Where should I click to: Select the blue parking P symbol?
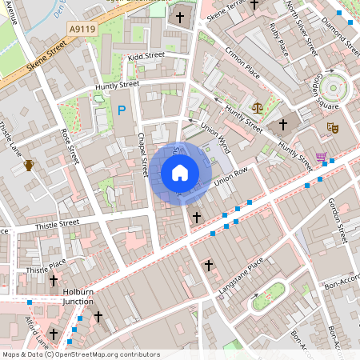pos(122,110)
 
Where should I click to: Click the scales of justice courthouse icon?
pos(258,106)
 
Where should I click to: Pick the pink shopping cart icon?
pos(322,157)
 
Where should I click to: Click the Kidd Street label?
pos(146,56)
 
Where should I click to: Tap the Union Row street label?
pos(233,174)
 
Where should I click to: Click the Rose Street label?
pos(71,147)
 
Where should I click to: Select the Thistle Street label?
pos(58,223)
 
